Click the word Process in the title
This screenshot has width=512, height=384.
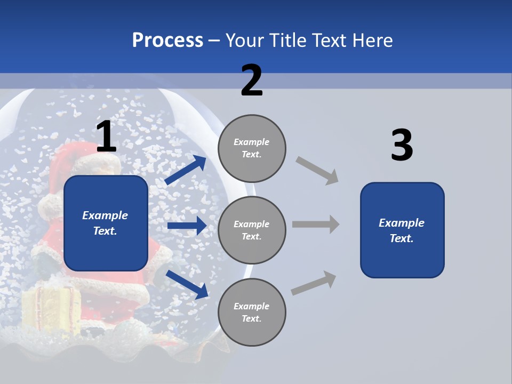167,41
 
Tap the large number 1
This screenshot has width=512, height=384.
106,137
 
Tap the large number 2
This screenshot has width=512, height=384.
252,81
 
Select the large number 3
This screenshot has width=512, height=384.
402,146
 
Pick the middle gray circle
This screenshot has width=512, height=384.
252,230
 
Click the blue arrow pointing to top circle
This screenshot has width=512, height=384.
186,170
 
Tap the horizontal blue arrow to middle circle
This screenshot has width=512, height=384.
187,226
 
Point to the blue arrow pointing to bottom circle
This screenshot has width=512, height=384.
187,284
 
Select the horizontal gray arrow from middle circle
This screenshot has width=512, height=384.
315,224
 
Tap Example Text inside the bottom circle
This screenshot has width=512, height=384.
252,313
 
